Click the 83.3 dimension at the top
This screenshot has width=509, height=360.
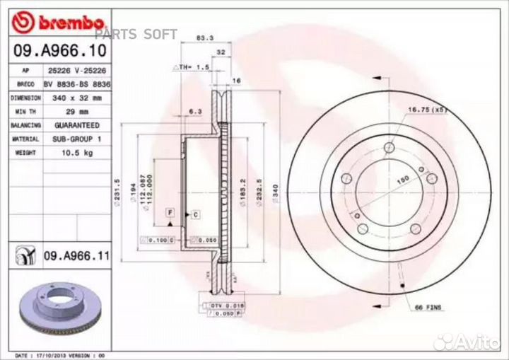204,37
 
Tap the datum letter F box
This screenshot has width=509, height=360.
170,212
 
